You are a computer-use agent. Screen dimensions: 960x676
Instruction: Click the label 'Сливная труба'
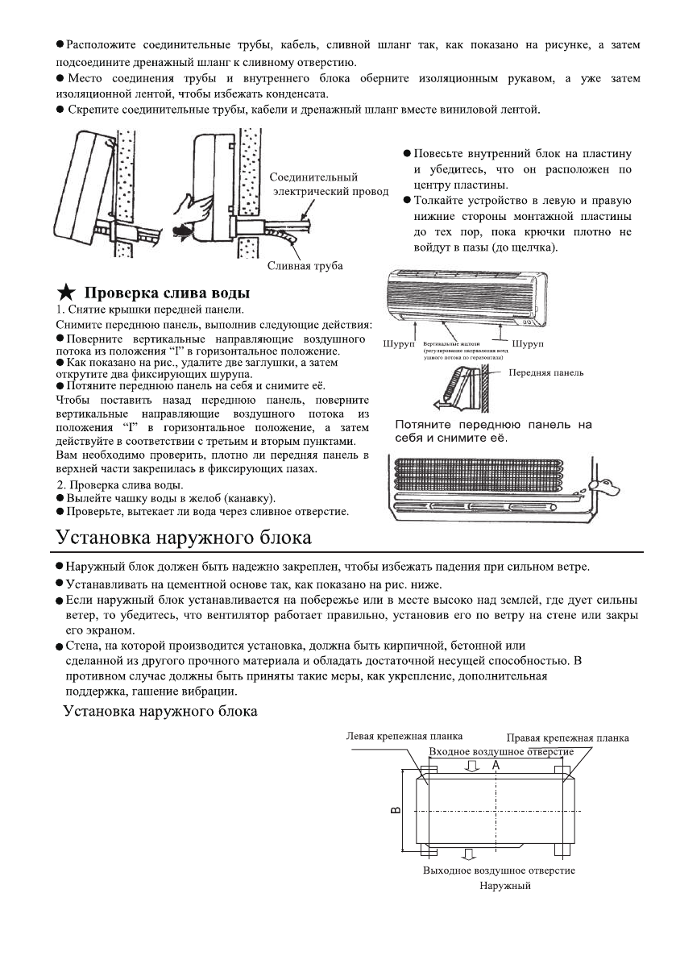coord(305,266)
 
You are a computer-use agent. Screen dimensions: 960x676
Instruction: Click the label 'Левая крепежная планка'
coord(392,736)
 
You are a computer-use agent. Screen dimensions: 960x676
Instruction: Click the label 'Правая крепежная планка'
coord(568,738)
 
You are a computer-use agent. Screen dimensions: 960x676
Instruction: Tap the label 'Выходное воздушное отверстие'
coord(499,871)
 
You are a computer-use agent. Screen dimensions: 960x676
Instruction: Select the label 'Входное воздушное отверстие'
coord(500,751)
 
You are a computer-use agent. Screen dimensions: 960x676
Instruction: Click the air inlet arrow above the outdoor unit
coord(472,766)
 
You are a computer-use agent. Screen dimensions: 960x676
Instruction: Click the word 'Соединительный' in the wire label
coord(314,177)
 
